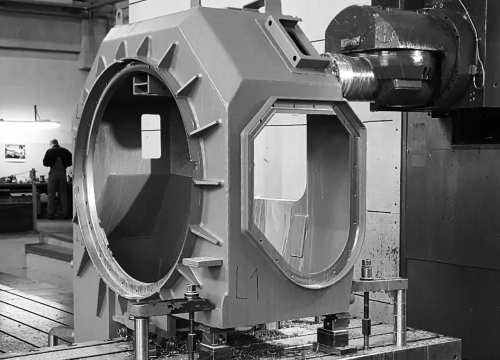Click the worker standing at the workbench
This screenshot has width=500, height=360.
point(57,178)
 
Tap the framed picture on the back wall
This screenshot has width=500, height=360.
point(15,153)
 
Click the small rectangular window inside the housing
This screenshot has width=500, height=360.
point(151,136)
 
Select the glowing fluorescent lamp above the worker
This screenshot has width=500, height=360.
point(30,124)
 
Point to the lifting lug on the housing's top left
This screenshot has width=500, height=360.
point(120,15)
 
